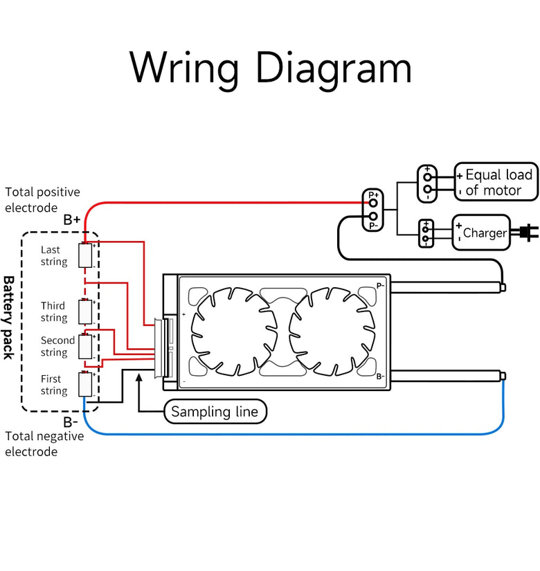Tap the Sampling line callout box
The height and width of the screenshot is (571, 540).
pos(215,412)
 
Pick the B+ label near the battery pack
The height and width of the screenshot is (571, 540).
pos(72,220)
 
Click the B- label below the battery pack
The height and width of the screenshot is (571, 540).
pos(71,422)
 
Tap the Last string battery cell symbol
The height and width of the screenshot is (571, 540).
pos(86,255)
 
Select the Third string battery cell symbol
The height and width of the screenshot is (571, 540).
pos(86,311)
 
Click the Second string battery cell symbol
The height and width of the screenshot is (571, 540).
pos(86,345)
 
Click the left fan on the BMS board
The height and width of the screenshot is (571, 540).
pos(232,331)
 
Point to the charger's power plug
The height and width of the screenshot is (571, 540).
pos(528,233)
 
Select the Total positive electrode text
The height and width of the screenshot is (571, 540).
pos(42,199)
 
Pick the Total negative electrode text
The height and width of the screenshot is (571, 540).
pos(44,444)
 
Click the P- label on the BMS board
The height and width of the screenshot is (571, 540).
pos(380,285)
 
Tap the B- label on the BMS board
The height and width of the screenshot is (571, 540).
pos(380,377)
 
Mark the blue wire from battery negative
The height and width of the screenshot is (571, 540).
pos(291,434)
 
